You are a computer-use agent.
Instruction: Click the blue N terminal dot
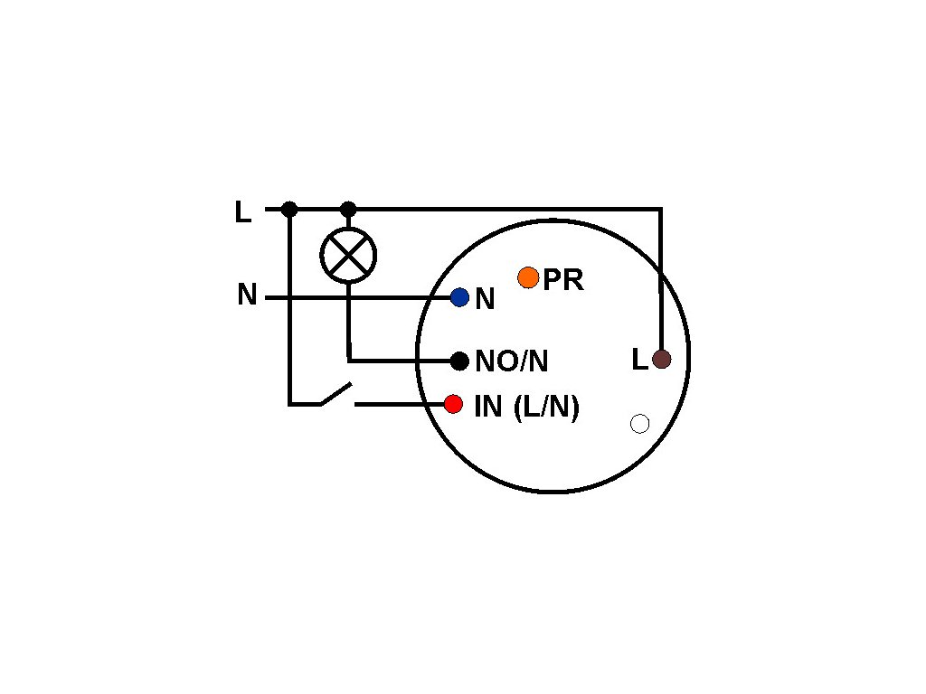point(459,297)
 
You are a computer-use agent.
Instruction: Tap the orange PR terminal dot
point(528,277)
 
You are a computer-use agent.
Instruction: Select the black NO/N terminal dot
point(459,361)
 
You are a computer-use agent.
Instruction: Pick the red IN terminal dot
point(453,404)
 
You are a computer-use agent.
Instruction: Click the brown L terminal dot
point(661,360)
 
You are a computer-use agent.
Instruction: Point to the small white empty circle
point(639,424)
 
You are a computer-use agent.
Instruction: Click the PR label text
point(562,281)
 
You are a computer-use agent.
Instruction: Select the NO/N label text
point(511,361)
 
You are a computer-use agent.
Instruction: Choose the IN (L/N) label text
point(526,407)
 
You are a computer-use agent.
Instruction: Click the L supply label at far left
point(242,212)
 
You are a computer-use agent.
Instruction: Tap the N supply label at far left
point(247,295)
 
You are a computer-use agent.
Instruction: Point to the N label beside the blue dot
point(485,300)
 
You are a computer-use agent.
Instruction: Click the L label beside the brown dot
point(639,361)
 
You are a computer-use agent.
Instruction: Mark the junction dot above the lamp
point(348,210)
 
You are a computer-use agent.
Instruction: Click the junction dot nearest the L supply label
point(289,210)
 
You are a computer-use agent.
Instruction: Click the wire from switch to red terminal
point(398,404)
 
